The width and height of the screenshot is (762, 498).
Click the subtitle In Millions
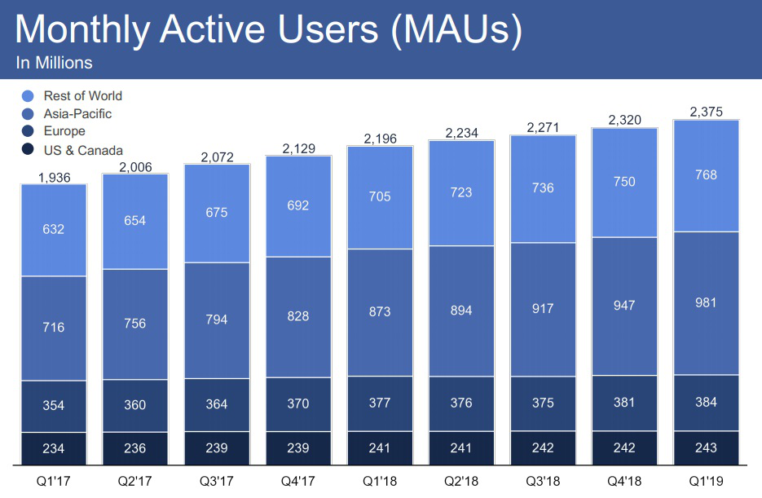54,63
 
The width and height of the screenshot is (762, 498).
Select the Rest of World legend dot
28,96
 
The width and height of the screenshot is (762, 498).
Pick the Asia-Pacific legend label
77,114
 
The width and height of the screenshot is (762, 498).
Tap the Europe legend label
64,131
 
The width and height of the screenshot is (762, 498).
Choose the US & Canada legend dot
28,150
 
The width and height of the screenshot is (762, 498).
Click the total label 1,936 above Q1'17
54,177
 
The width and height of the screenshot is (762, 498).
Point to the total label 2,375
706,112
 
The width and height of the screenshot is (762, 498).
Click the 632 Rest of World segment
54,230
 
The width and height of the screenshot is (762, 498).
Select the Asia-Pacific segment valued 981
706,303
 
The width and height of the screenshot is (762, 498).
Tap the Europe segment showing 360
135,405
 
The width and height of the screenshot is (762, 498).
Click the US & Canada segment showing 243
706,447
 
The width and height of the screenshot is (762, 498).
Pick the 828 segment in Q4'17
298,315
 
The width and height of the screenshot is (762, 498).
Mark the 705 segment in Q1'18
380,196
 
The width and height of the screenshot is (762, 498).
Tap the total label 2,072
217,156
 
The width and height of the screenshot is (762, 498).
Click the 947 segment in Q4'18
624,306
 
